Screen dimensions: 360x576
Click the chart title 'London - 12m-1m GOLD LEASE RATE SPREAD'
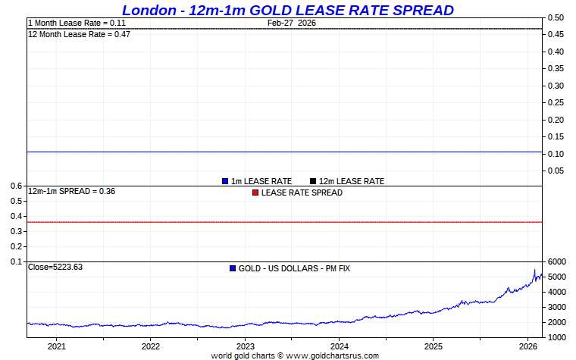287,10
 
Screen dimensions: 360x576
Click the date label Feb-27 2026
292,23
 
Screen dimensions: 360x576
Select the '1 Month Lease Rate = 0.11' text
77,23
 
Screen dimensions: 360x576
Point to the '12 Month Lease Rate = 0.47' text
79,34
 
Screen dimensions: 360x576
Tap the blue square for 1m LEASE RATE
225,181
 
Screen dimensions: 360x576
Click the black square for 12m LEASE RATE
313,181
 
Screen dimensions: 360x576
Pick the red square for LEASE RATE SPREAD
255,193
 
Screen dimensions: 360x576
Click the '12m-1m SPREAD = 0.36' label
71,192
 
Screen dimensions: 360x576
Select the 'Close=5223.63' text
55,268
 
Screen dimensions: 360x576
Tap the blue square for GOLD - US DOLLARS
233,268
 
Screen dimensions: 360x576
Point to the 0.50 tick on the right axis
556,17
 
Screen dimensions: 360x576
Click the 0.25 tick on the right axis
556,102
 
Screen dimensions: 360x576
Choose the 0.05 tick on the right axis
556,171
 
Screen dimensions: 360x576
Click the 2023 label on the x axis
245,346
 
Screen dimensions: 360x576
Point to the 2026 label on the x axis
527,346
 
